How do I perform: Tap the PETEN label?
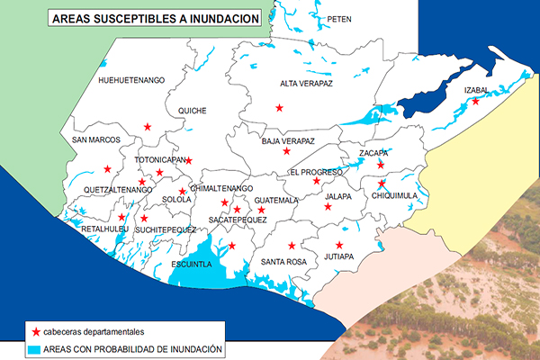tap(339, 18)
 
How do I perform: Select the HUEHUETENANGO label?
tap(131, 80)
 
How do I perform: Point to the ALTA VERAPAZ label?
tap(307, 84)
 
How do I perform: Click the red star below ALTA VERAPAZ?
tap(279, 108)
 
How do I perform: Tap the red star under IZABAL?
tap(475, 102)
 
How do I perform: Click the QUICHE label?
tap(193, 111)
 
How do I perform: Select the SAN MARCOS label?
tap(96, 140)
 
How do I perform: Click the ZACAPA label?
tap(373, 153)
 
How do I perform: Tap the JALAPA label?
tap(338, 195)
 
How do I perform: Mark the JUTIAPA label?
tap(338, 256)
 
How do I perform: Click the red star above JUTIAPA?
tap(339, 245)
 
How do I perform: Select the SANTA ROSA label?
tap(284, 261)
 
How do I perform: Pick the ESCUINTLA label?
tap(191, 264)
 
